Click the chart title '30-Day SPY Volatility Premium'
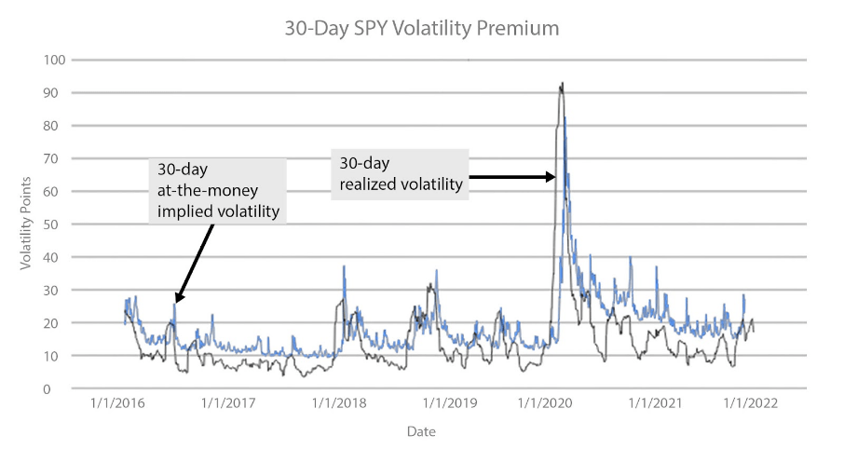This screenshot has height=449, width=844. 422,29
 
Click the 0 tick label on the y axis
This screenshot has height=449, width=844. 57,388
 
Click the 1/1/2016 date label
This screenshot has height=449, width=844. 116,403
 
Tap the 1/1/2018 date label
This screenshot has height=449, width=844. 338,403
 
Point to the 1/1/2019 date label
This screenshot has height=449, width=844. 450,403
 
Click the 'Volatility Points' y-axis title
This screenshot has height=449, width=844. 27,224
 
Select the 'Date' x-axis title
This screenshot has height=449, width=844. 420,431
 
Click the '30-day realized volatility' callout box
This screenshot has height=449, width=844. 398,173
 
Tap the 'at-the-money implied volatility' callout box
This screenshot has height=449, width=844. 218,191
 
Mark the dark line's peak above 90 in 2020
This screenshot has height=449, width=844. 561,84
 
